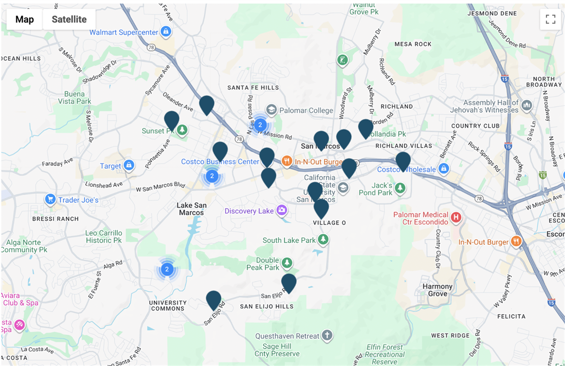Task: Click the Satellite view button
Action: (x=69, y=19)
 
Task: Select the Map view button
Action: (x=24, y=19)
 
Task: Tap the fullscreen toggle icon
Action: (x=550, y=19)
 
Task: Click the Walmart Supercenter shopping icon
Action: (x=165, y=32)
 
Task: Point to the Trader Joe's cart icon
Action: (x=50, y=200)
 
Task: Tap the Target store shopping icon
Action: (x=129, y=165)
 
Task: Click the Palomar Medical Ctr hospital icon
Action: (x=455, y=218)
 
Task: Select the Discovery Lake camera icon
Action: (x=282, y=210)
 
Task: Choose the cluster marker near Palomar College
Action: (x=261, y=125)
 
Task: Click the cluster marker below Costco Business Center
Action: (x=212, y=177)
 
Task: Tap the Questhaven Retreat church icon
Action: (x=327, y=336)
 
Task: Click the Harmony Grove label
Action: (x=437, y=290)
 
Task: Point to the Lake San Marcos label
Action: (x=191, y=209)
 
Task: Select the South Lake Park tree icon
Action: (x=323, y=240)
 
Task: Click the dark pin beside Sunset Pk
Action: (x=171, y=120)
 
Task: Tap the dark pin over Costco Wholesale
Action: (x=403, y=161)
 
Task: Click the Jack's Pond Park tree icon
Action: (x=400, y=188)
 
